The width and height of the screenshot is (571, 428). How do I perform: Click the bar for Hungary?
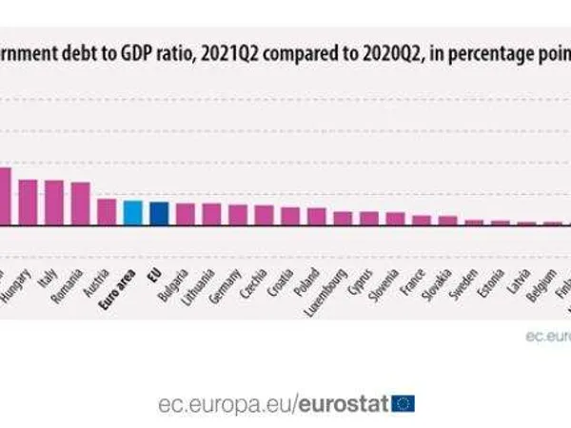[28, 203]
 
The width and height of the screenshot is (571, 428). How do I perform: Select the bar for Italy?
[54, 203]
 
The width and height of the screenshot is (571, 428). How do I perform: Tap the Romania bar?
[80, 204]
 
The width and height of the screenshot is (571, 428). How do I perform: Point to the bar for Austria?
[107, 212]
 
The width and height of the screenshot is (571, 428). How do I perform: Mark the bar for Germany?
[238, 215]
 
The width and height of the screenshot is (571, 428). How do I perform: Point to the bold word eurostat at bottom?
[343, 403]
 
